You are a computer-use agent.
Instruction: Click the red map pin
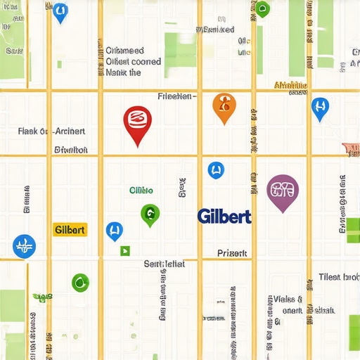click(x=137, y=121)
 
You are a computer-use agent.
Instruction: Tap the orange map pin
click(x=224, y=105)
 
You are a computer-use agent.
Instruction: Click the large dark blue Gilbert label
click(x=224, y=216)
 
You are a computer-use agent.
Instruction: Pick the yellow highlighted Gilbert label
click(x=70, y=230)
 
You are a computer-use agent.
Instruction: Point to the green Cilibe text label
click(x=141, y=191)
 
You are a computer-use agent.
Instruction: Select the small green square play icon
click(x=125, y=250)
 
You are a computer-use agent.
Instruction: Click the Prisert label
click(x=232, y=253)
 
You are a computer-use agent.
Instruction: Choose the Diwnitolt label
click(x=71, y=150)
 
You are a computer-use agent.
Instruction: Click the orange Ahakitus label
click(x=291, y=86)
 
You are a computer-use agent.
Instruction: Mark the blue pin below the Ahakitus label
click(x=320, y=108)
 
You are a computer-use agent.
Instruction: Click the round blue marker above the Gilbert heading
click(x=215, y=169)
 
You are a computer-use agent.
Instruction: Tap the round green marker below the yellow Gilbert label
click(x=81, y=283)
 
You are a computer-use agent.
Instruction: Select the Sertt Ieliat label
click(x=164, y=264)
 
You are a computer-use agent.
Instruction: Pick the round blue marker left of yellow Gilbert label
click(x=24, y=246)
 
